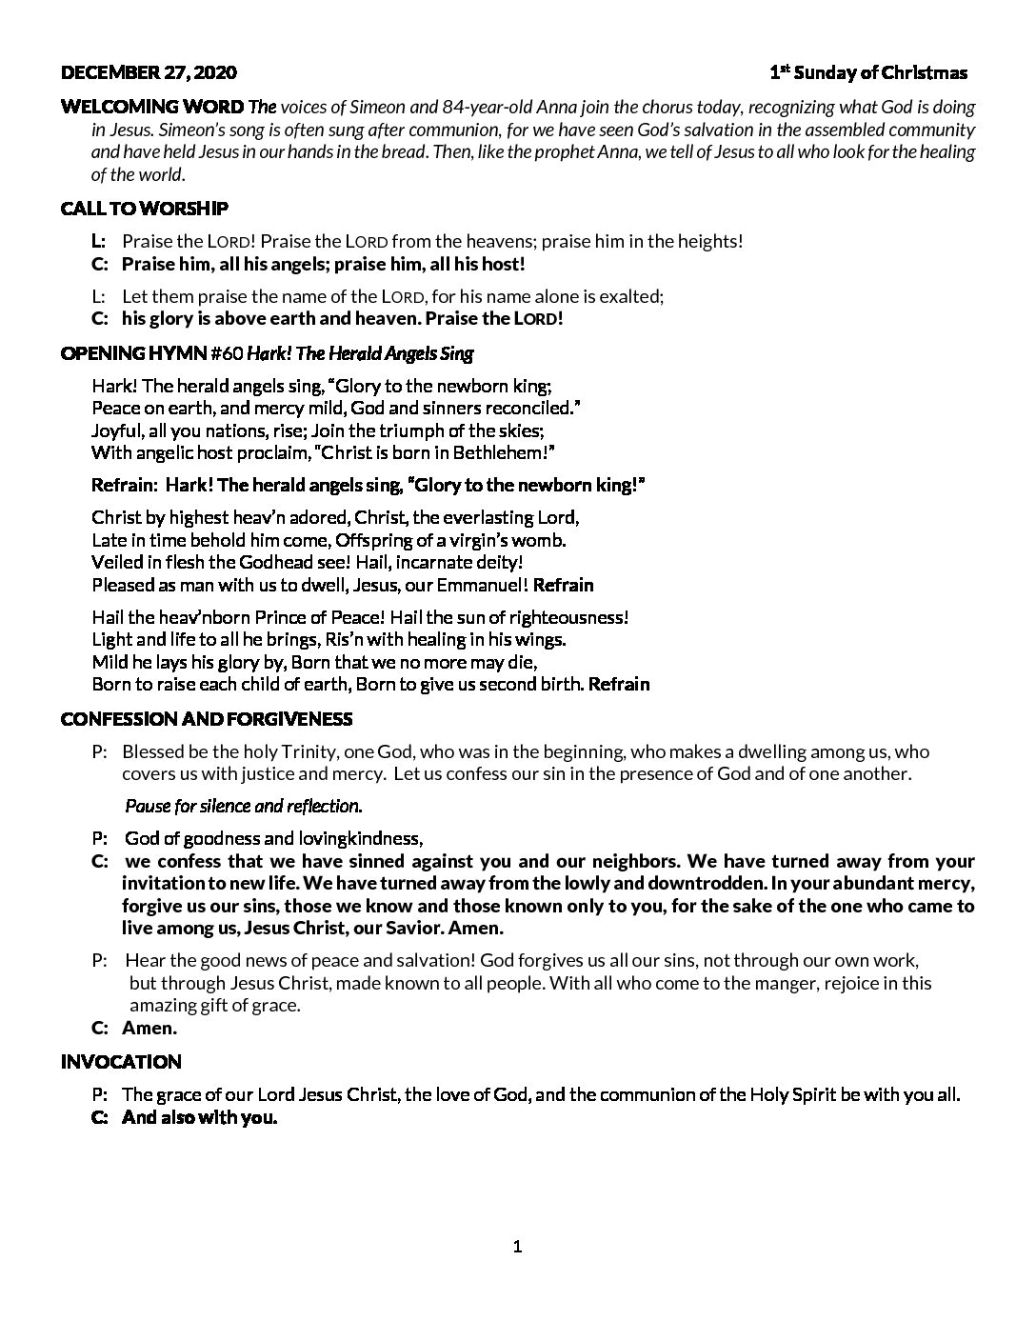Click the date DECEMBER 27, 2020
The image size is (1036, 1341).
(149, 72)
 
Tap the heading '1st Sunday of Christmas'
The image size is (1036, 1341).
(868, 72)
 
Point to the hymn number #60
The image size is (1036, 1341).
(224, 353)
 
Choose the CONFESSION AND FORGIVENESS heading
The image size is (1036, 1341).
(207, 718)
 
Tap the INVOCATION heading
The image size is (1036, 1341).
(121, 1061)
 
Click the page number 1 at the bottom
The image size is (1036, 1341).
(517, 1247)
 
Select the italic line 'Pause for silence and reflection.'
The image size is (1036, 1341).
(243, 806)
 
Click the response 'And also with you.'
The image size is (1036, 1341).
(199, 1117)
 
